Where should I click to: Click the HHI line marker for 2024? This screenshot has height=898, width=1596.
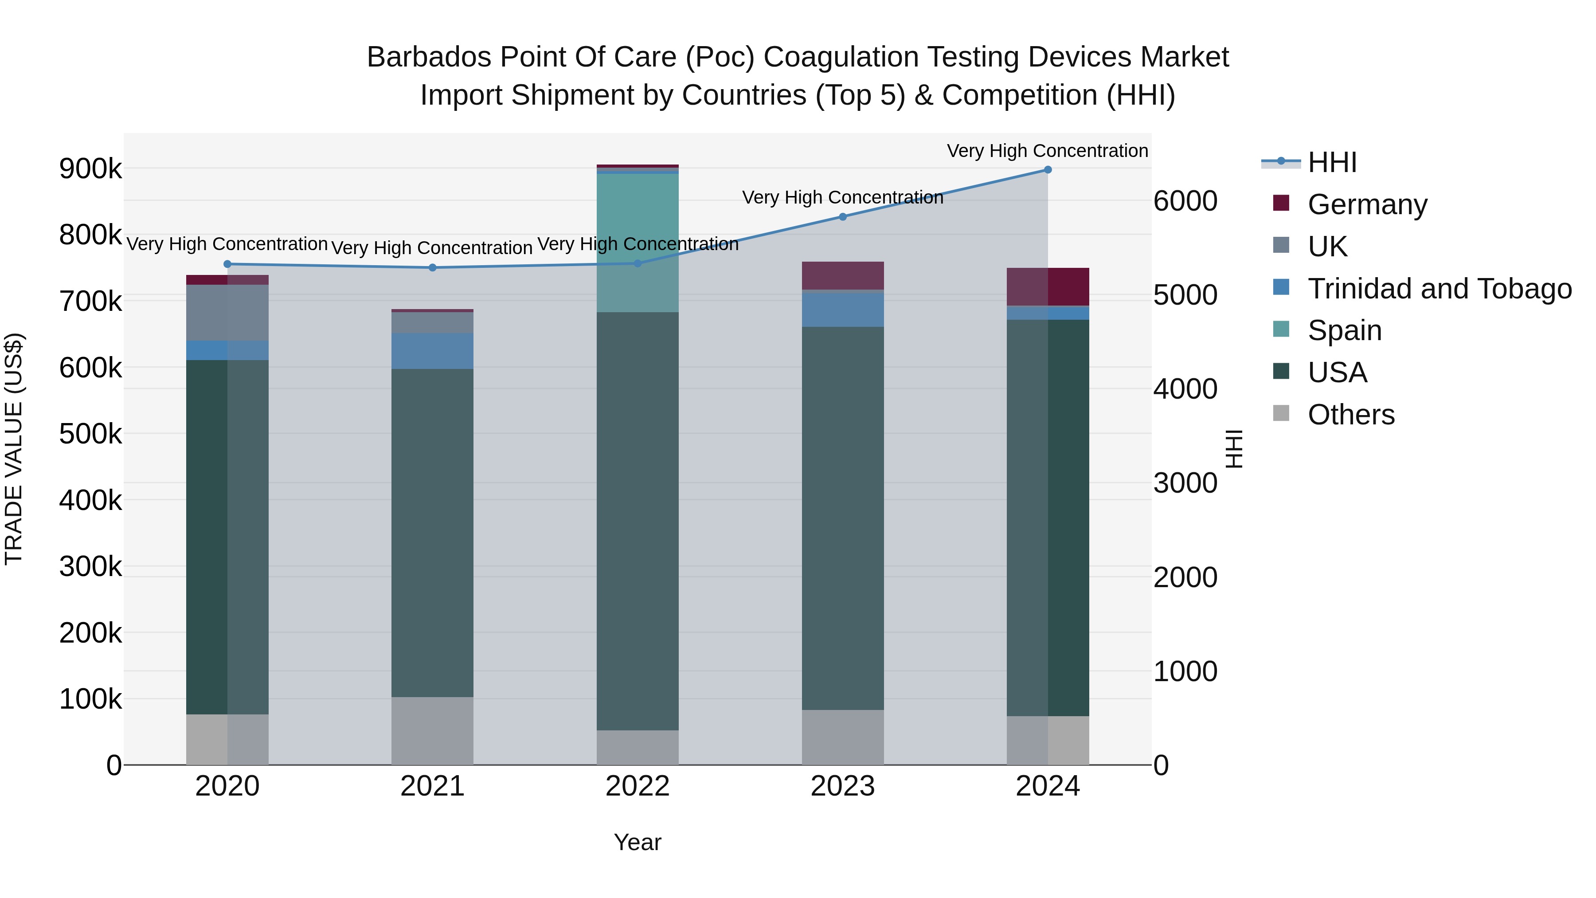point(1048,170)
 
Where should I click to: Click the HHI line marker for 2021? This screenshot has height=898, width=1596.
point(432,268)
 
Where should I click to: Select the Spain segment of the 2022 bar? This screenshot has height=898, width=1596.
point(638,242)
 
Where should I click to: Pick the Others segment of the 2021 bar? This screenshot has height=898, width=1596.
point(432,731)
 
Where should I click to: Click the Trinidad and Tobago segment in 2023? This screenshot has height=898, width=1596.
point(843,309)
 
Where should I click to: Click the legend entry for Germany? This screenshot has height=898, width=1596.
point(1367,204)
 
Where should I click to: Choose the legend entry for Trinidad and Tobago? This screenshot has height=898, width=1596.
point(1439,289)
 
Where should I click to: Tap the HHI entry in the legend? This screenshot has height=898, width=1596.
point(1332,162)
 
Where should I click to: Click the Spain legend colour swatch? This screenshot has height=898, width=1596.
point(1281,329)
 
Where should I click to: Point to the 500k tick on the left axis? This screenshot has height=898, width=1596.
point(90,434)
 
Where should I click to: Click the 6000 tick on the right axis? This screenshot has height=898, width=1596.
point(1185,201)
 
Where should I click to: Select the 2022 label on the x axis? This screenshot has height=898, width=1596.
point(638,786)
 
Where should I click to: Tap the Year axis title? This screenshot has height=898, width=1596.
point(638,842)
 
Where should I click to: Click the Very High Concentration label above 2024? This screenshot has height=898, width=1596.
point(1047,151)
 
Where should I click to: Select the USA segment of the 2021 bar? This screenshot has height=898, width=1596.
point(432,533)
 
